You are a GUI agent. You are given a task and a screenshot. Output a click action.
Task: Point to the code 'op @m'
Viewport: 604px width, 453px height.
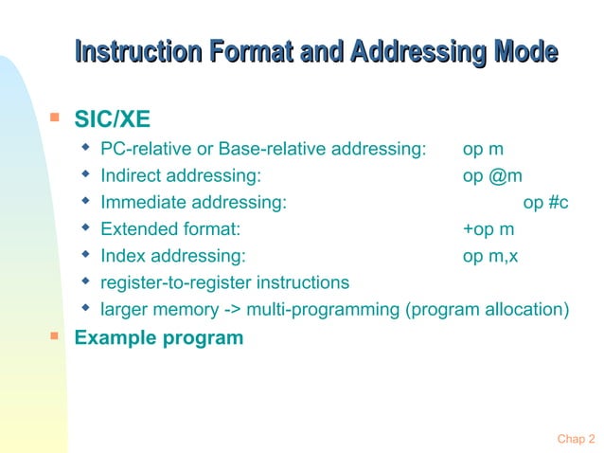[492, 175]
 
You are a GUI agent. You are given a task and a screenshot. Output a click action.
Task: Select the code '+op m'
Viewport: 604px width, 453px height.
[488, 228]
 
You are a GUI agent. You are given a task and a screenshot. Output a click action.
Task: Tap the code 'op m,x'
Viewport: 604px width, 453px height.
[490, 255]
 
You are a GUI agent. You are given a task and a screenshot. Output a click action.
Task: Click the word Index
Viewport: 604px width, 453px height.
[123, 255]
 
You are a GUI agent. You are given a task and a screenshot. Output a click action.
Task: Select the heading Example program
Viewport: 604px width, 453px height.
[158, 337]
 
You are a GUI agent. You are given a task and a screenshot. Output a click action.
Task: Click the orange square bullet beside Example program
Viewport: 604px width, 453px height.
[55, 335]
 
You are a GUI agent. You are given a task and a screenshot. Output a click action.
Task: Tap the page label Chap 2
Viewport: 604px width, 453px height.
[576, 438]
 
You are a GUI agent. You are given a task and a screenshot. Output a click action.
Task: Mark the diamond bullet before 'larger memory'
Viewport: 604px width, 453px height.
[86, 308]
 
